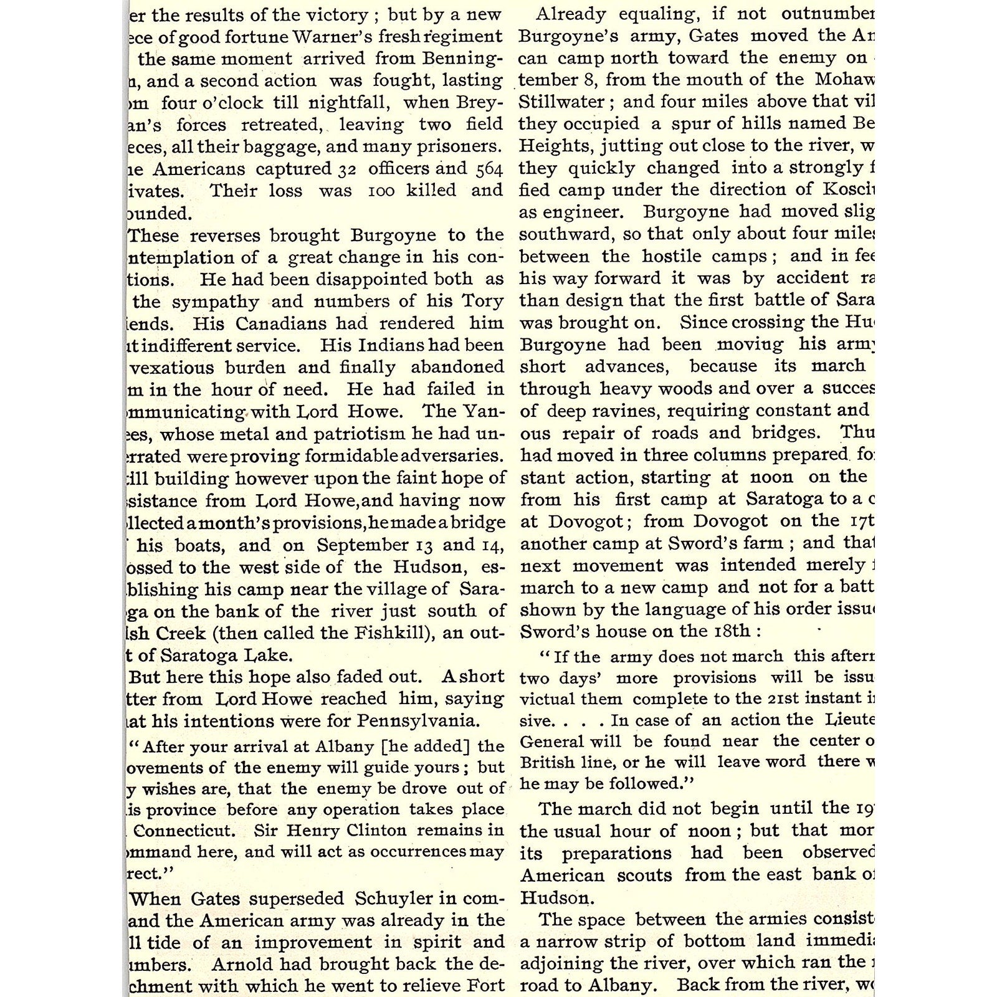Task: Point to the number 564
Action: coord(489,169)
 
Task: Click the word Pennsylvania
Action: coord(418,721)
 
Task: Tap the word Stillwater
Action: coord(561,102)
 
